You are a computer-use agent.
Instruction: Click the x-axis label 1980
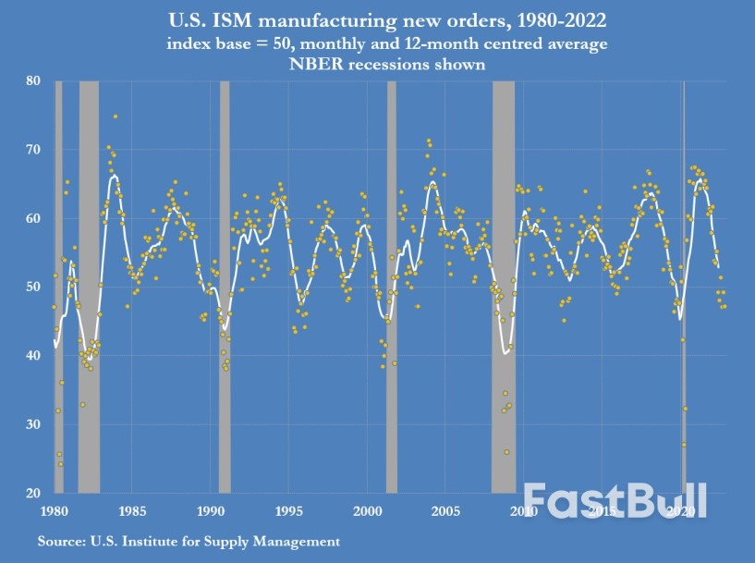point(53,510)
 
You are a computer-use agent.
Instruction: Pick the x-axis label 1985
point(131,510)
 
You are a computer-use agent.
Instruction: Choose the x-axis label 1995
point(288,510)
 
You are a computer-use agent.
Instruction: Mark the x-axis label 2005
point(445,510)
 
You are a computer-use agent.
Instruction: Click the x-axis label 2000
point(367,510)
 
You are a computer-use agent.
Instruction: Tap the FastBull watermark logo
point(615,500)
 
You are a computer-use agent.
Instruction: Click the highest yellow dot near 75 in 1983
point(116,116)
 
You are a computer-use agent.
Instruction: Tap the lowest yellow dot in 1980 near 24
point(61,464)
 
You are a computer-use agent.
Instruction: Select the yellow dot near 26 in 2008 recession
point(506,452)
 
